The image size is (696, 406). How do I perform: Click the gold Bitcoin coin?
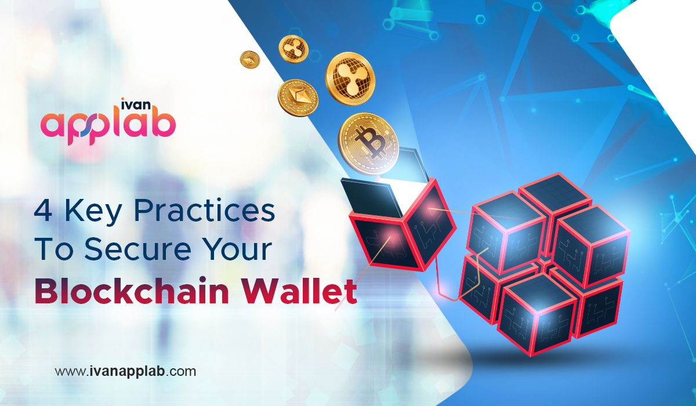pos(368,144)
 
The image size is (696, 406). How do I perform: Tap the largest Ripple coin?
pos(350,79)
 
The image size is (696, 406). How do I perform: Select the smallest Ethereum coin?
pos(250,60)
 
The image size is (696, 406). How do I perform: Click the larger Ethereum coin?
pos(298,98)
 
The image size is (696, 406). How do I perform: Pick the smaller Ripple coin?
pos(293,49)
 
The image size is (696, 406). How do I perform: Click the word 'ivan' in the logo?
pos(136,104)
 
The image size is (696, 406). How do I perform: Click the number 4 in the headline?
pos(43,211)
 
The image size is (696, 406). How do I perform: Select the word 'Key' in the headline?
pos(93,212)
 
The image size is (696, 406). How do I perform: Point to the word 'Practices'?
pos(204,210)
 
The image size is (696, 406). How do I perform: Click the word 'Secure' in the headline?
pos(137,249)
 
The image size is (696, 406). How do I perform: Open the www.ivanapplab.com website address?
pos(125,371)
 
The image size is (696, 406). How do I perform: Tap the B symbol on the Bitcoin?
pos(370,142)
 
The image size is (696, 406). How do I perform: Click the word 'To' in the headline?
pos(54,249)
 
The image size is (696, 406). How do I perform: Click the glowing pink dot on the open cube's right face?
pos(430,208)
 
